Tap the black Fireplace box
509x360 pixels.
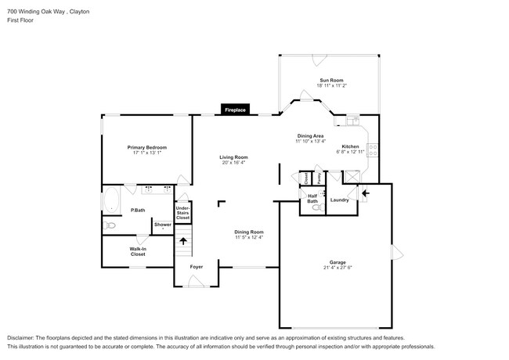(x=236, y=110)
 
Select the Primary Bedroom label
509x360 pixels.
(x=148, y=147)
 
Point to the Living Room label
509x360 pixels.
(x=233, y=157)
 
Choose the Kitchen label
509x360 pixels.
(x=350, y=147)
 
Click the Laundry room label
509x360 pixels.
(x=340, y=200)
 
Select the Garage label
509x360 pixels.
(x=339, y=262)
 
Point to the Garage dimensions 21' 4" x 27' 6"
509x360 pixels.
(x=339, y=268)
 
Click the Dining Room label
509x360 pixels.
(x=249, y=232)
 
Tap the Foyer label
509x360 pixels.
(x=197, y=267)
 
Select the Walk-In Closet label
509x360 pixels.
(x=138, y=251)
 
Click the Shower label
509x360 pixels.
(x=162, y=225)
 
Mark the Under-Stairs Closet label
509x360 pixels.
(x=182, y=211)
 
